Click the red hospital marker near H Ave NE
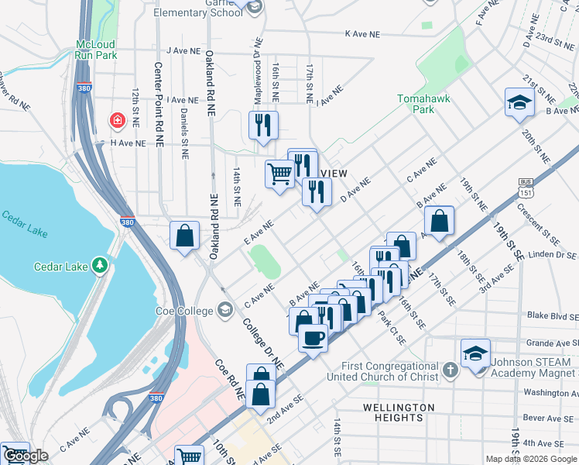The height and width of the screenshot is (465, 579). point(116,121)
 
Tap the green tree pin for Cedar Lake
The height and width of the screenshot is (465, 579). point(99,266)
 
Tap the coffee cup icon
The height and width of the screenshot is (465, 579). point(313,339)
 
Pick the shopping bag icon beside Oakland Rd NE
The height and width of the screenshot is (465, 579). point(185,236)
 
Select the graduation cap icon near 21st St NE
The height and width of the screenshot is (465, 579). point(519,103)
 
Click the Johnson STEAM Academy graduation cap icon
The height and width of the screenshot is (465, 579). point(475,353)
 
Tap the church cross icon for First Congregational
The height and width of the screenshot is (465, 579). point(452,370)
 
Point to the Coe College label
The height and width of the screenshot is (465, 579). point(183,311)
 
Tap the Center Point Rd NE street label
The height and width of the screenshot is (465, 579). point(158,104)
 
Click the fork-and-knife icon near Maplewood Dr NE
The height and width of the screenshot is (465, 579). point(263,125)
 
